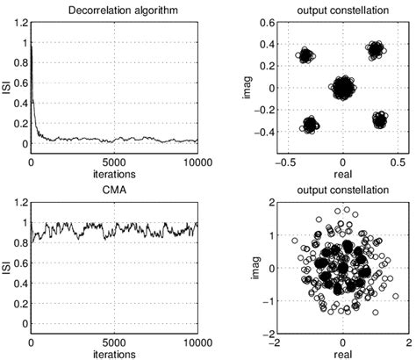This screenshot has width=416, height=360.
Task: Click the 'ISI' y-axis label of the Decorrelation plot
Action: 8,85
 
